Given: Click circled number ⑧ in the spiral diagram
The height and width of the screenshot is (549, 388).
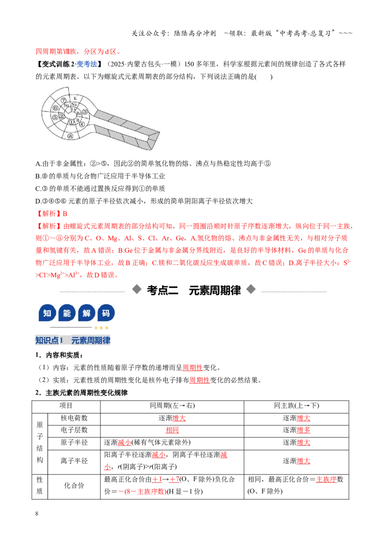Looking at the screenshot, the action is click(x=70, y=136).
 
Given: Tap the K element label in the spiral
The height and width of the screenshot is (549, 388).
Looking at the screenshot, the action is click(x=75, y=98).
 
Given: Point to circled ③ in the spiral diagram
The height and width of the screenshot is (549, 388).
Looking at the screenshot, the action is click(x=85, y=112).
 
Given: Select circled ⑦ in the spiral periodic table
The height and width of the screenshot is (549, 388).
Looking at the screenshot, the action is click(x=64, y=100).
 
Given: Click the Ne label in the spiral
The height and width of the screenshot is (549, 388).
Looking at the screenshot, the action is click(x=66, y=105).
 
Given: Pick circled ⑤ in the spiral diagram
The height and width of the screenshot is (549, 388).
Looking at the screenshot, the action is click(x=55, y=117).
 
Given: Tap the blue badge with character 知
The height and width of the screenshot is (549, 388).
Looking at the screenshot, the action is click(x=47, y=313).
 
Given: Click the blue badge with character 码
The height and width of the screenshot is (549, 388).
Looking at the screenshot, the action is click(x=106, y=313).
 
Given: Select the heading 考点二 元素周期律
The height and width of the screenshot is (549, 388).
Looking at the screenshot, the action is click(x=194, y=290).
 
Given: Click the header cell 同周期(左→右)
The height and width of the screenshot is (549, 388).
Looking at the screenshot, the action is click(x=172, y=405).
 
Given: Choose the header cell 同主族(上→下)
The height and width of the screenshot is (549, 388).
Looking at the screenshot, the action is click(x=296, y=405).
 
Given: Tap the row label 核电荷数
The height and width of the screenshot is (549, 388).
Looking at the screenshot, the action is click(x=74, y=418).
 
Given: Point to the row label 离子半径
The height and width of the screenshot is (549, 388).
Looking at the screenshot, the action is click(x=74, y=461).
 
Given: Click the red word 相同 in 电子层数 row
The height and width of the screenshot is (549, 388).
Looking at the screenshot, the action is click(x=172, y=430).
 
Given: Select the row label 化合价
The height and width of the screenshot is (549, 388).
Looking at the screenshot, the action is click(x=74, y=485).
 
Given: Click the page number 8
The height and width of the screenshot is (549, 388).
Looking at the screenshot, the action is click(x=37, y=514).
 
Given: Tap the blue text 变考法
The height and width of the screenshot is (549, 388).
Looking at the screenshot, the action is click(x=86, y=64).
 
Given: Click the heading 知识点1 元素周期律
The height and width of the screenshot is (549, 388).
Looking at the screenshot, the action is click(x=73, y=340).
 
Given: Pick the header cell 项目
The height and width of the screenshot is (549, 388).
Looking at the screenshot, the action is click(x=66, y=405).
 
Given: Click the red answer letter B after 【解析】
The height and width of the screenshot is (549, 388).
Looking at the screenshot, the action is click(x=65, y=213).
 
